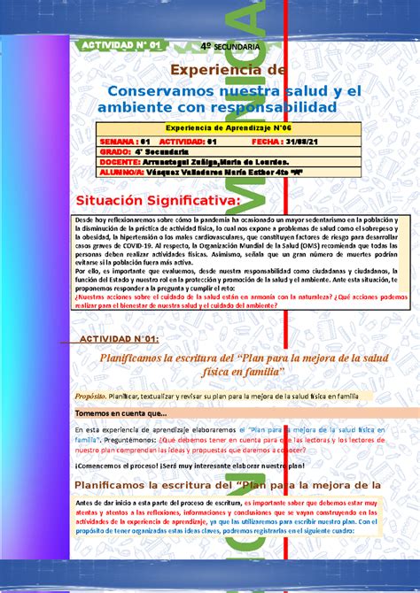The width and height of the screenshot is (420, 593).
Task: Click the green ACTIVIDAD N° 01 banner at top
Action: coord(120,45)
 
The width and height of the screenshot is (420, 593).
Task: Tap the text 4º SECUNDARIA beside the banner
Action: coord(230,45)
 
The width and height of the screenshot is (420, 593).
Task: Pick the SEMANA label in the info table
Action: coord(118,141)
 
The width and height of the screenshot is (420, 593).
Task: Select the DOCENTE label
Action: coord(119,162)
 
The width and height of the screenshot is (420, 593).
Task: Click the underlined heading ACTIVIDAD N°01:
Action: coord(120,339)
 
